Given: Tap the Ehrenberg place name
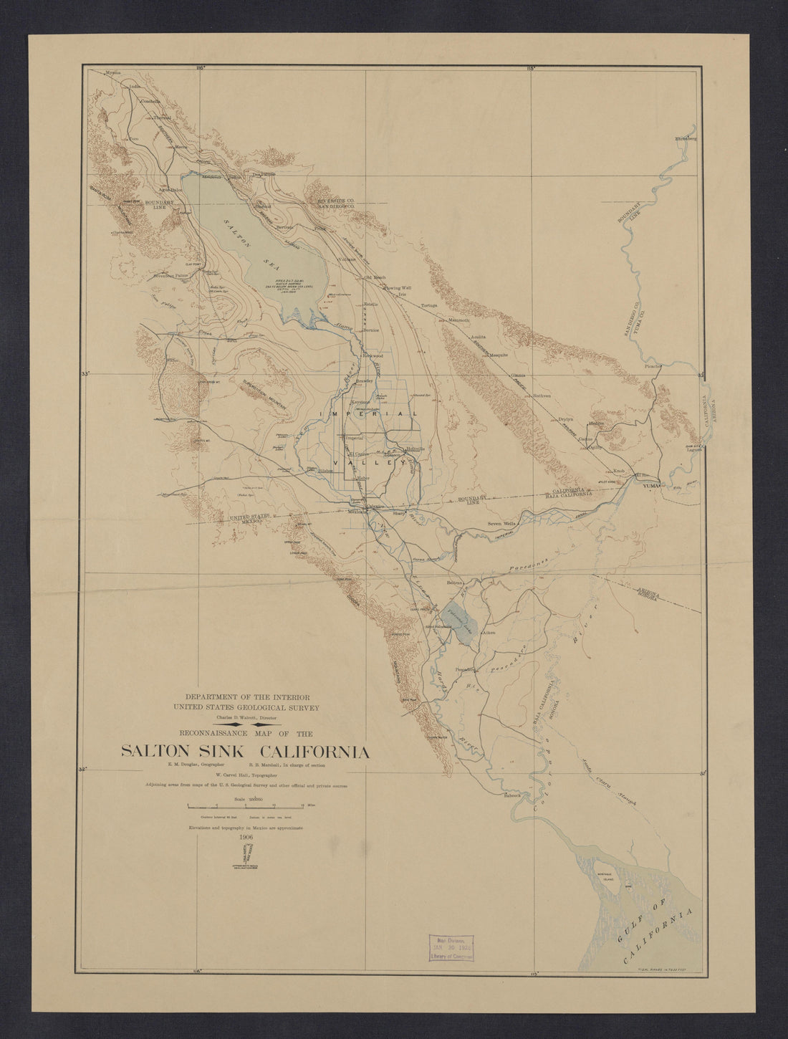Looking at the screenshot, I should (686, 138).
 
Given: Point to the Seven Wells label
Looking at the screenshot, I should (501, 524).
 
